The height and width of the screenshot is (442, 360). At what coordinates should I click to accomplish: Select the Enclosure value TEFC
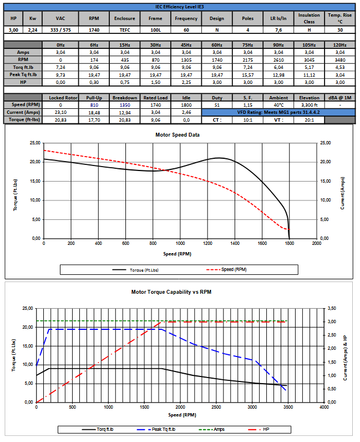[125, 30]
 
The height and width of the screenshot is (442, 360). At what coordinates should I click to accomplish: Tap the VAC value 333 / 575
[60, 30]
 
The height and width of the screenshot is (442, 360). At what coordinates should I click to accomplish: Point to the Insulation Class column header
[309, 18]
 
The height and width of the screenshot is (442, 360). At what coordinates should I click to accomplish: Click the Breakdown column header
[125, 97]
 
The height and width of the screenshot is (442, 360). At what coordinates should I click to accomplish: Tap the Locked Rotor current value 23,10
[60, 112]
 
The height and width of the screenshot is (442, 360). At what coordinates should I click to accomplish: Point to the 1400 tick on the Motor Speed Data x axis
[235, 243]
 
